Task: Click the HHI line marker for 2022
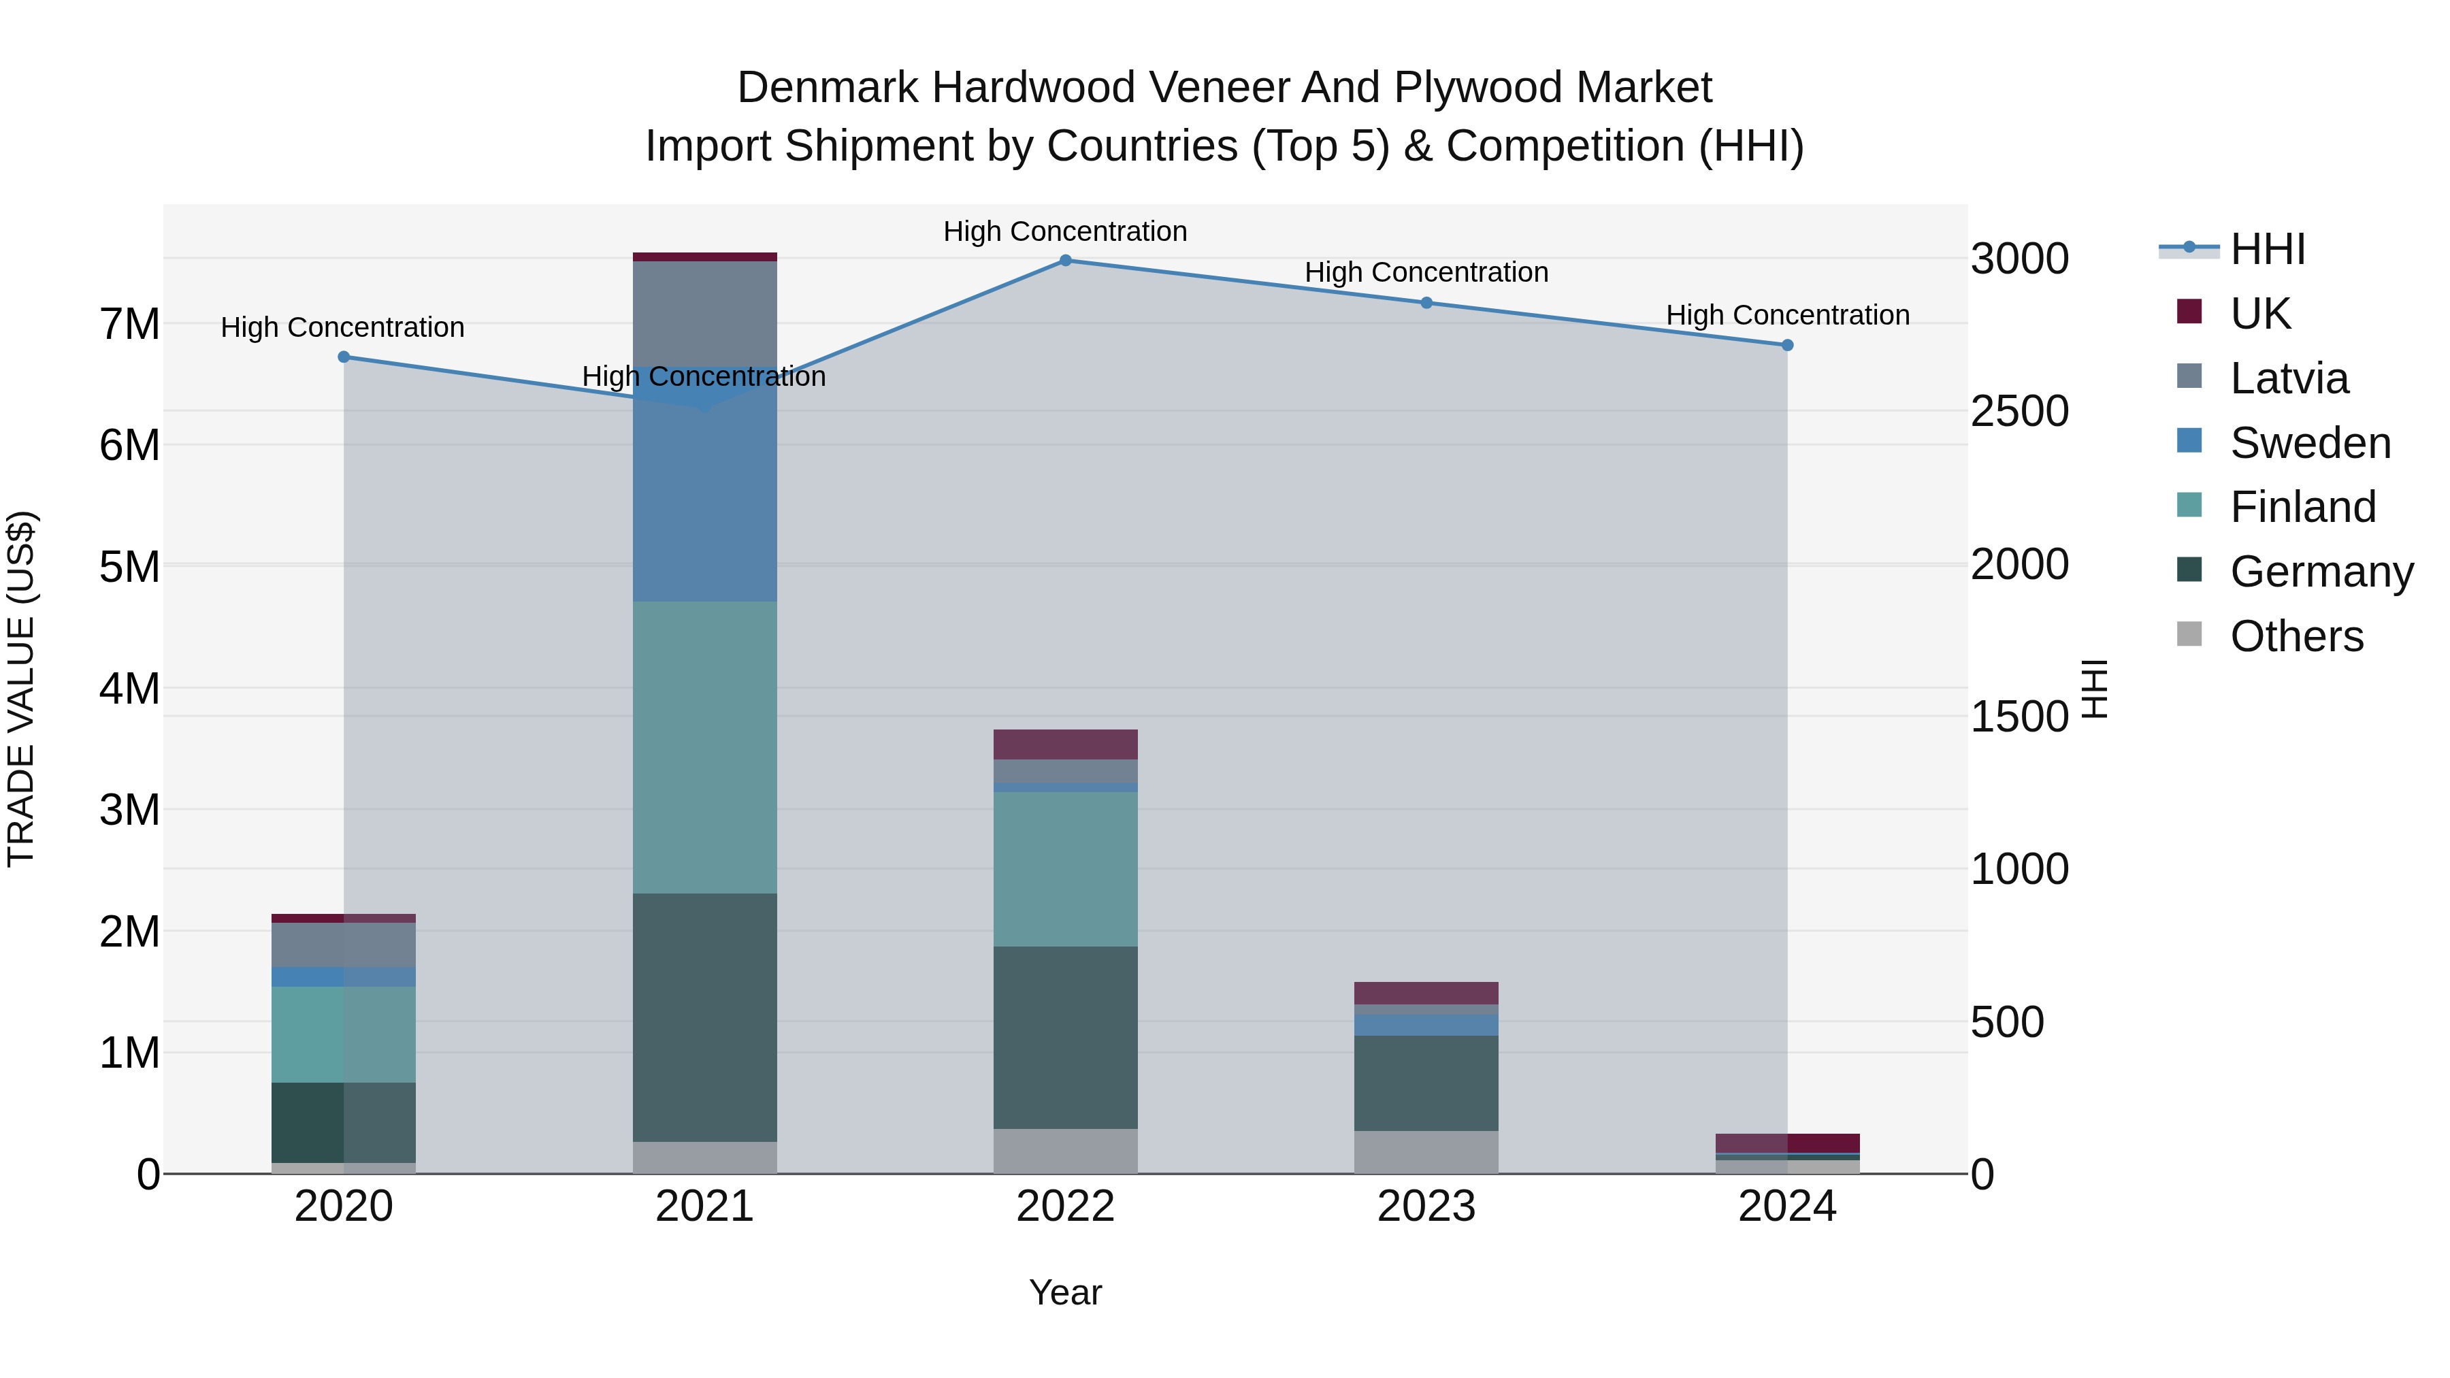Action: tap(1065, 260)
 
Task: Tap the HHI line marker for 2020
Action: tap(344, 357)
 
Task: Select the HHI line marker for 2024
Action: tap(1787, 345)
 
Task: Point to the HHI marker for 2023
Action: tap(1426, 302)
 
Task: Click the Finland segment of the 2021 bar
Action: tap(705, 747)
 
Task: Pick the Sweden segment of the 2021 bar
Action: tap(705, 504)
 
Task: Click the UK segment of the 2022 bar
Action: tap(1065, 744)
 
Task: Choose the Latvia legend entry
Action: tap(2288, 378)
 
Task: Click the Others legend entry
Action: tap(2296, 636)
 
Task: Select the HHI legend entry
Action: tap(2268, 249)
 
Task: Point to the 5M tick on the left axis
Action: tap(130, 567)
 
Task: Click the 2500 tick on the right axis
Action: tap(2019, 412)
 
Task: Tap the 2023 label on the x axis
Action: tap(1426, 1207)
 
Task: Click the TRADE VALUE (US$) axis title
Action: tap(21, 689)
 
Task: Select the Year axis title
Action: tap(1065, 1292)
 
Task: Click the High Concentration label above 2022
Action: tap(1065, 231)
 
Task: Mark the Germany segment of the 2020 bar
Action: tap(344, 1122)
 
